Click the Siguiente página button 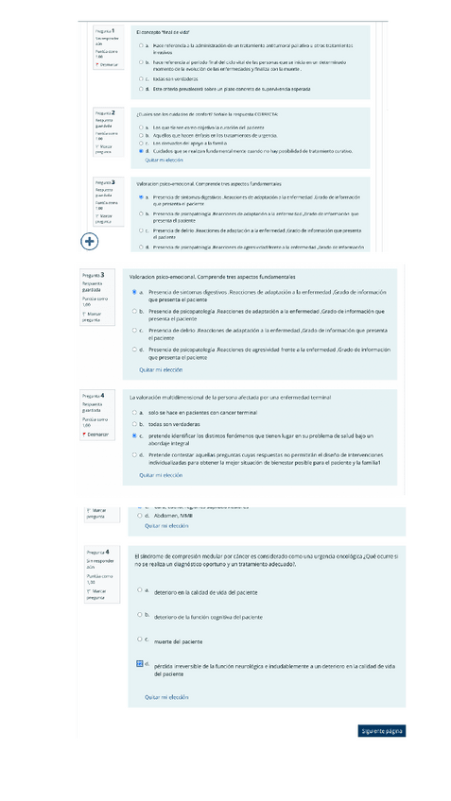pos(382,730)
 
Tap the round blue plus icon pos(90,242)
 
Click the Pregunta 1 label pos(105,31)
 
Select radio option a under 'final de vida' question pos(141,44)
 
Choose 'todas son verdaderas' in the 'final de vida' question pos(141,79)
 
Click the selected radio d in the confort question pos(141,150)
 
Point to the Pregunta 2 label pos(105,112)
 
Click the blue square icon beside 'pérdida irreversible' pos(140,664)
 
